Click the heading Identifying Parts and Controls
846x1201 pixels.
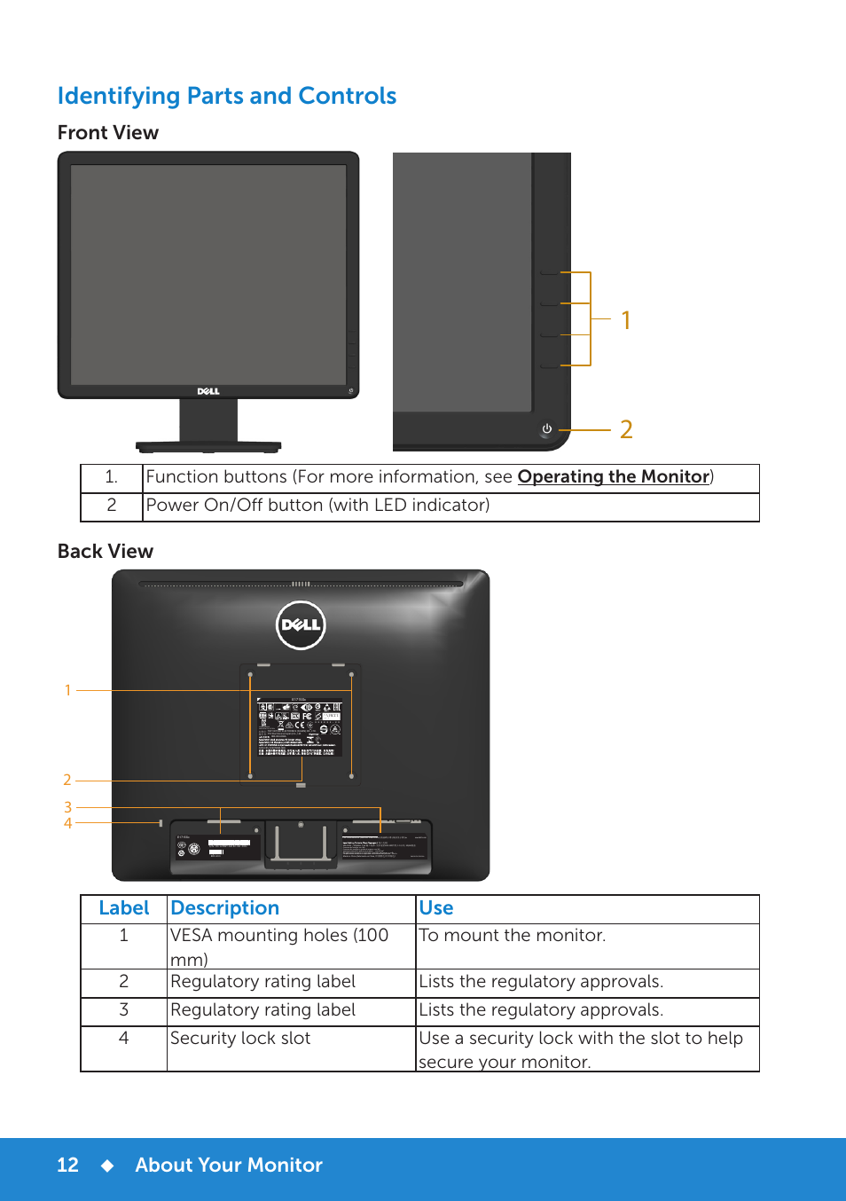point(227,96)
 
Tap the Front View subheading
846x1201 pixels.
point(108,133)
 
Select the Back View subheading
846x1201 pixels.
point(106,552)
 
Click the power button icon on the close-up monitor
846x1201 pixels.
point(547,429)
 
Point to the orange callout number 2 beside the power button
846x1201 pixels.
point(626,429)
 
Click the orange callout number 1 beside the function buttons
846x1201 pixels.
point(626,320)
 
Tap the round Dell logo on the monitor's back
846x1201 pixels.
point(301,624)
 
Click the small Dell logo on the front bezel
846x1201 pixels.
point(208,391)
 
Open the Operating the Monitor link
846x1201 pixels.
point(614,476)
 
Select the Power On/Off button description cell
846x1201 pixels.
point(317,506)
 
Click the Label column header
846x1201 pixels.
point(124,908)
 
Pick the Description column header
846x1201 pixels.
point(225,908)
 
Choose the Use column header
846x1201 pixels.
point(436,908)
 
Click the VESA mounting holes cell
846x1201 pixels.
point(279,946)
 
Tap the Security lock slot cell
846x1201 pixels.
point(240,1039)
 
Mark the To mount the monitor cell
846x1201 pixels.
point(513,936)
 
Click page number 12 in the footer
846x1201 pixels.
point(68,1166)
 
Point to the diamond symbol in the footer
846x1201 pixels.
point(107,1166)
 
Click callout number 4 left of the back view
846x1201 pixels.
point(68,823)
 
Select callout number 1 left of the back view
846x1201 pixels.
point(68,690)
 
